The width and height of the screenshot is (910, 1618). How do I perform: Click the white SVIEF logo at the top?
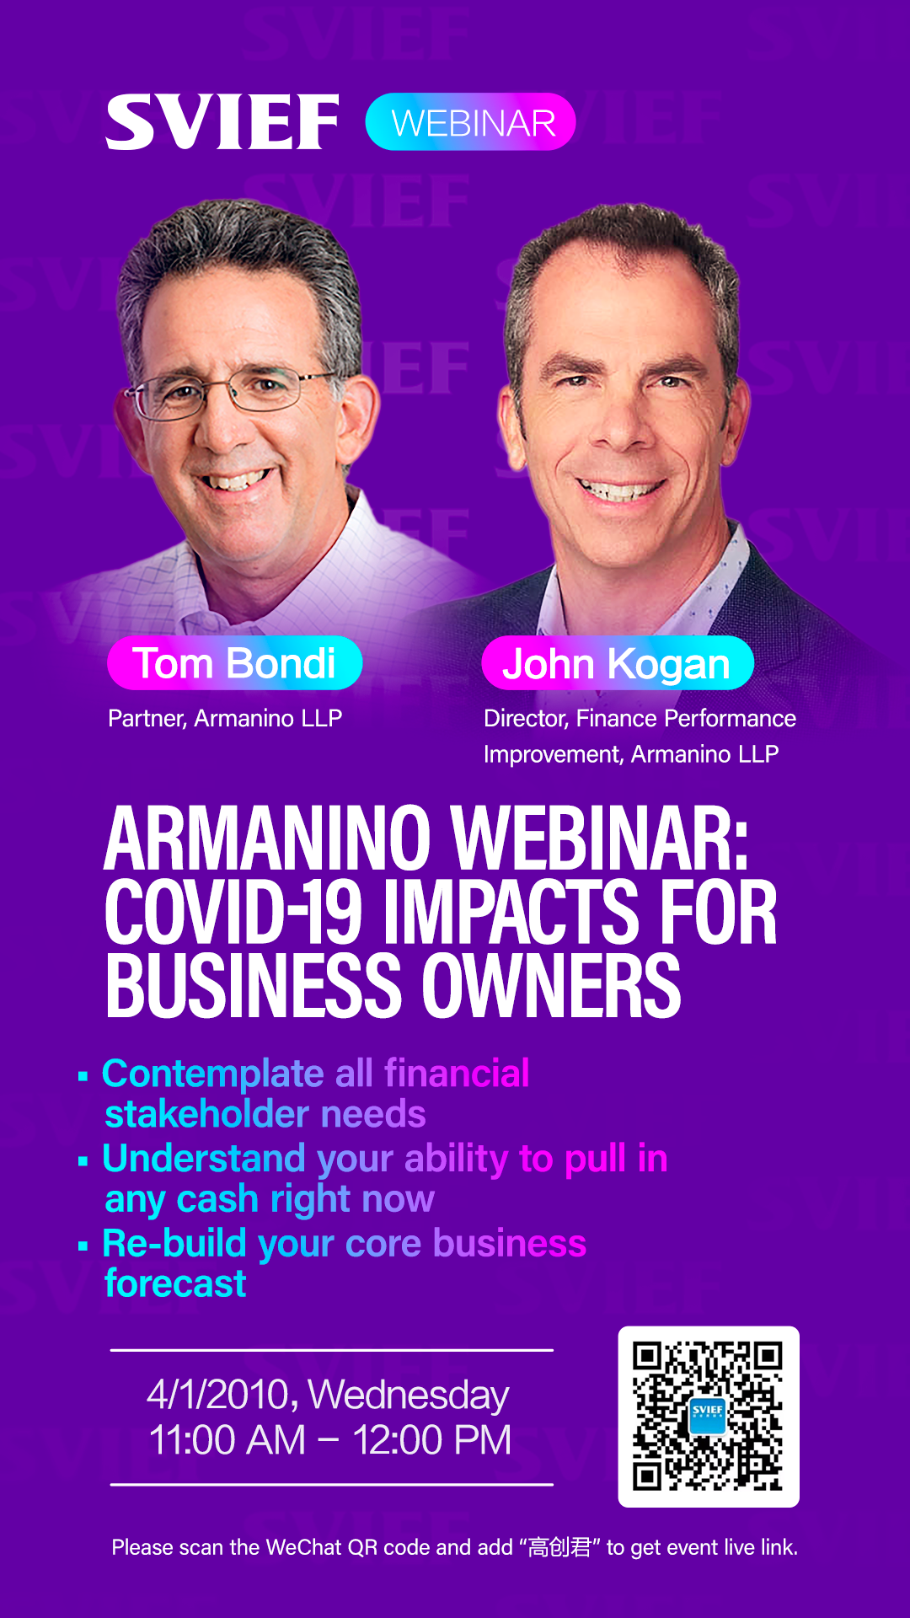click(x=222, y=122)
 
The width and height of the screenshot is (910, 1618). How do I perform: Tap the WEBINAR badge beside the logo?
click(x=471, y=122)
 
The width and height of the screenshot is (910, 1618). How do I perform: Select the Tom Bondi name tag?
click(x=235, y=663)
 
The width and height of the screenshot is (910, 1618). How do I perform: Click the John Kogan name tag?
click(x=618, y=663)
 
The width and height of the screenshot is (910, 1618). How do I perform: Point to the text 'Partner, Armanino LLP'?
click(x=225, y=718)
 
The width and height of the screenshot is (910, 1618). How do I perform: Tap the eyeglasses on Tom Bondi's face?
click(x=232, y=390)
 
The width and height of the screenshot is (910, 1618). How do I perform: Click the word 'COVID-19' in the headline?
click(x=233, y=912)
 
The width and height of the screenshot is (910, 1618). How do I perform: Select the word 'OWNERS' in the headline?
click(x=551, y=985)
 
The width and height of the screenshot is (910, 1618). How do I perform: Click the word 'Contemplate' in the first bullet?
click(x=213, y=1074)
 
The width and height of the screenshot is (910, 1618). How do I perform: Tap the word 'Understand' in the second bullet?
click(x=204, y=1158)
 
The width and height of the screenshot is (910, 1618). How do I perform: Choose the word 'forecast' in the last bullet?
click(x=175, y=1283)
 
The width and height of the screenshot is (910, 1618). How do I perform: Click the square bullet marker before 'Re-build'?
click(x=83, y=1246)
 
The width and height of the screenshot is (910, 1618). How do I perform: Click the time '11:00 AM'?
click(x=227, y=1440)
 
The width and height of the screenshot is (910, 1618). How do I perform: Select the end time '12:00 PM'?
click(x=432, y=1440)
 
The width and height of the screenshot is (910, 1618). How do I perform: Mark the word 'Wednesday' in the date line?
click(x=409, y=1396)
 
